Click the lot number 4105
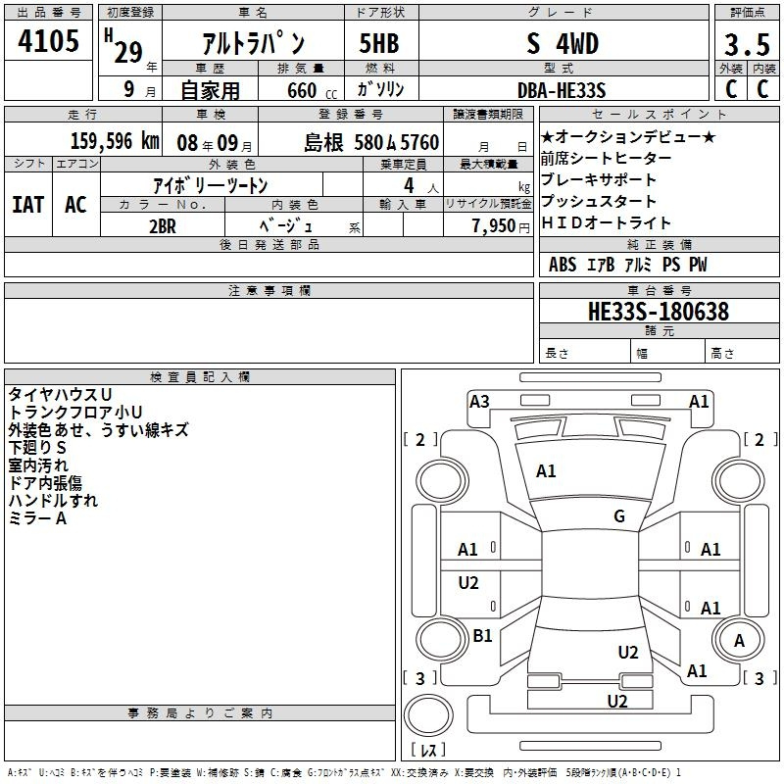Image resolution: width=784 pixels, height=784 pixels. (48, 41)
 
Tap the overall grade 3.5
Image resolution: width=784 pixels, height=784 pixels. (747, 45)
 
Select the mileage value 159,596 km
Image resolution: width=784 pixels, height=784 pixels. (115, 141)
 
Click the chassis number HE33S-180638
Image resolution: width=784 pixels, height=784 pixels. (659, 312)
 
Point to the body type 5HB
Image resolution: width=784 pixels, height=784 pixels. (379, 43)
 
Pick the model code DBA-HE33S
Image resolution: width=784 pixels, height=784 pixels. (562, 90)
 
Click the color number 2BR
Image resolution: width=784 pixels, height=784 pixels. (163, 226)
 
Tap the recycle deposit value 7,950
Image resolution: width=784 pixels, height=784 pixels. (494, 226)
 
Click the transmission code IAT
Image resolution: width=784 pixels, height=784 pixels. (28, 205)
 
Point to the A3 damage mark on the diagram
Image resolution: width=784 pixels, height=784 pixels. (479, 402)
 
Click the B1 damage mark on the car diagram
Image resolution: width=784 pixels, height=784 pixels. (482, 636)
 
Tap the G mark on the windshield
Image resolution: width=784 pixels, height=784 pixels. (619, 516)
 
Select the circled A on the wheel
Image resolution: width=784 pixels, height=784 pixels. (739, 641)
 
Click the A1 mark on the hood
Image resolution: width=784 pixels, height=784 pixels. (546, 471)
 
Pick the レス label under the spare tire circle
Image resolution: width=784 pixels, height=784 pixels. (428, 750)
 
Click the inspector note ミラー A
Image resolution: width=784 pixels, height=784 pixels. (37, 518)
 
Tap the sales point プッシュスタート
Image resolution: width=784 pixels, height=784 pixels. (599, 201)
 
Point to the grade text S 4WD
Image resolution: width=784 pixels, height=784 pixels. (563, 44)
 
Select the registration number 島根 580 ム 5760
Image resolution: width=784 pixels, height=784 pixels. (371, 143)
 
